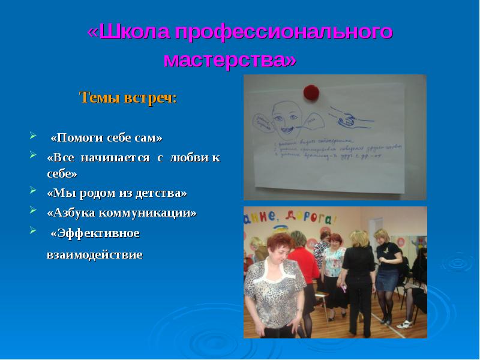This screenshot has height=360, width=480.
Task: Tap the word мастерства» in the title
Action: click(230, 61)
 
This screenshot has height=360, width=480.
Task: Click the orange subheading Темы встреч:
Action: click(128, 98)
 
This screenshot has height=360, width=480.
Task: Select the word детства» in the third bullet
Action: click(160, 193)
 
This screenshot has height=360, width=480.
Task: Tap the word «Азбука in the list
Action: click(72, 212)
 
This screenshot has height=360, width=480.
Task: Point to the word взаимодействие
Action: click(95, 255)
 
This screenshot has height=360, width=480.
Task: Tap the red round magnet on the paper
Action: click(311, 92)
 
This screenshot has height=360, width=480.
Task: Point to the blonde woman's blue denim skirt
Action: click(387, 278)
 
